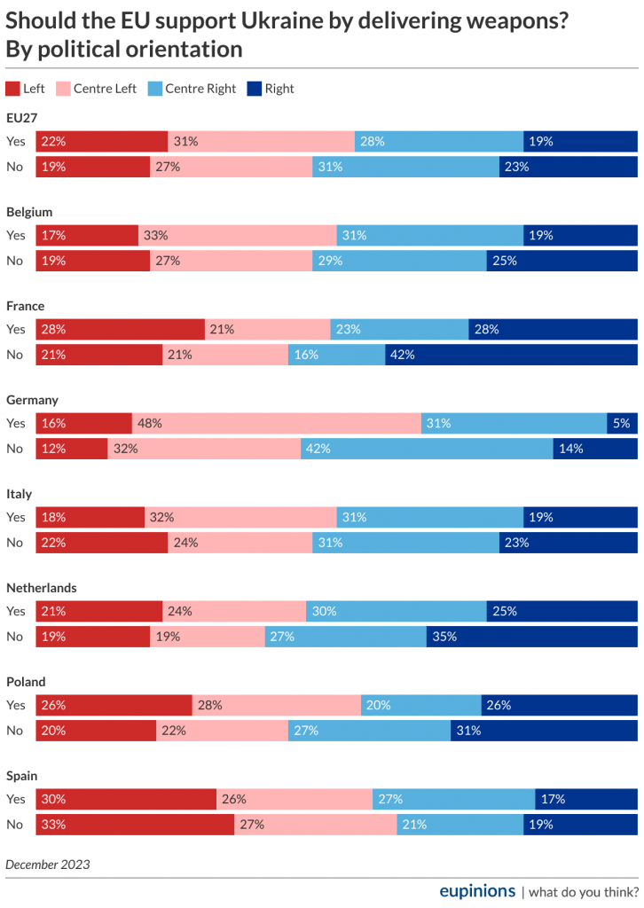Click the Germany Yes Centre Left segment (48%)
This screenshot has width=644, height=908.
coord(277,423)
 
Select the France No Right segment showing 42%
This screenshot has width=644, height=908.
coord(511,355)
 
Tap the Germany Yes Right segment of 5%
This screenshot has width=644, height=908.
coord(622,423)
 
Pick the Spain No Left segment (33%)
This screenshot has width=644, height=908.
coord(135,824)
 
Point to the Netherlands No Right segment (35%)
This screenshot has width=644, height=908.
coord(531,636)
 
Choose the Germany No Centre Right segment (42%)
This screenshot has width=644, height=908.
coord(427,449)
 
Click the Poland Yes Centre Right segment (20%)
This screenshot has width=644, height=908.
coord(421,705)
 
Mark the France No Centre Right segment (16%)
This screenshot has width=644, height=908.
coord(336,355)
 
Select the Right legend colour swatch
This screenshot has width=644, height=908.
coord(254,89)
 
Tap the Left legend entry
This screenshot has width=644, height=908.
coord(26,89)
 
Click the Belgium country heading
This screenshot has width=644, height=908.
coord(29,212)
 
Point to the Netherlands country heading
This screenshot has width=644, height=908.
coord(41,588)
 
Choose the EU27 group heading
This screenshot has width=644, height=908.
coord(21,118)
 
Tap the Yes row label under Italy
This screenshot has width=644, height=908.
coord(16,517)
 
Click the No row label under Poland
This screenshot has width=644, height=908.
coord(14,731)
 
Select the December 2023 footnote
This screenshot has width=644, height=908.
coord(48,863)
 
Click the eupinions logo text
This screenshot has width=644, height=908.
coord(477,890)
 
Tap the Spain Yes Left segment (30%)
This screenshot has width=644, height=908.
coord(126,799)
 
